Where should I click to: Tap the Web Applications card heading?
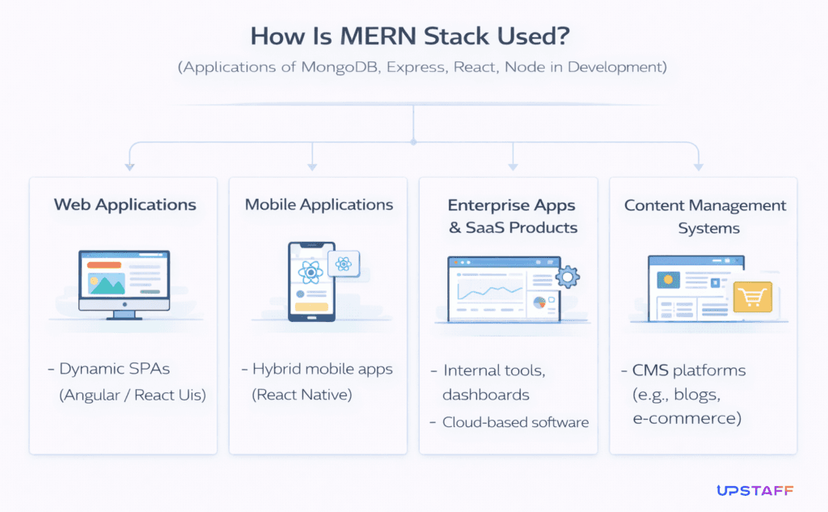125,205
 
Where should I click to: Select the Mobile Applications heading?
319,205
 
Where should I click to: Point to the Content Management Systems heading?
704,216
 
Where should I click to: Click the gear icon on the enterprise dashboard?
568,277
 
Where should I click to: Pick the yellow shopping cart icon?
752,297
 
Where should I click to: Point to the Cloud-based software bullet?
515,421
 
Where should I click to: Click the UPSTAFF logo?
754,490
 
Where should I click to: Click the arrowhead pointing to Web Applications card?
129,167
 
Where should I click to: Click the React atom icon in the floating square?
344,263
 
